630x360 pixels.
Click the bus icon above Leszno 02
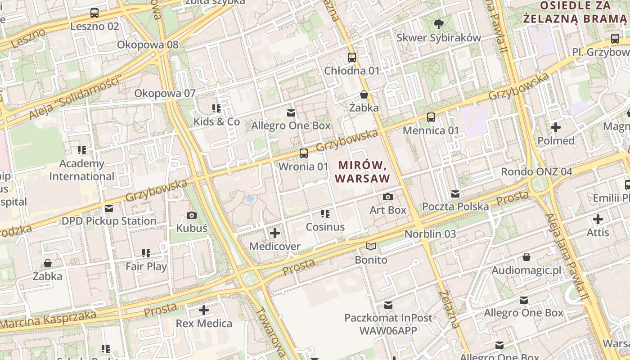(x=94, y=13)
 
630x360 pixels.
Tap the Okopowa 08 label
(x=148, y=45)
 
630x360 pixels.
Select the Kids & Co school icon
(x=216, y=108)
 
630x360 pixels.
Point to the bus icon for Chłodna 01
(x=352, y=58)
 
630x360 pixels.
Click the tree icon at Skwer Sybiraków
(x=438, y=24)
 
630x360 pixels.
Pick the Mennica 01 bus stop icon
(x=431, y=117)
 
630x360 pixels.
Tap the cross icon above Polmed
(x=556, y=127)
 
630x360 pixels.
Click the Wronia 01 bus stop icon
(x=304, y=153)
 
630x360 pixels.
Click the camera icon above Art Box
(x=387, y=197)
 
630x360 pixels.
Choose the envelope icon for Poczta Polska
(x=455, y=193)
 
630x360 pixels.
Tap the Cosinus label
(x=325, y=227)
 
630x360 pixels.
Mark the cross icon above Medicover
(x=274, y=233)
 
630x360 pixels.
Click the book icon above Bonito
(x=371, y=247)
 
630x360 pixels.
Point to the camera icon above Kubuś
(x=192, y=215)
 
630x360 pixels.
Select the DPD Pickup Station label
(x=109, y=221)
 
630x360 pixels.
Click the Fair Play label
(x=146, y=266)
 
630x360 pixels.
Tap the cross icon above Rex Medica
(x=204, y=310)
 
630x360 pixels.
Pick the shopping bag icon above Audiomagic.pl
(x=526, y=257)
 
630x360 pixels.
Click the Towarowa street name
(x=270, y=333)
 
